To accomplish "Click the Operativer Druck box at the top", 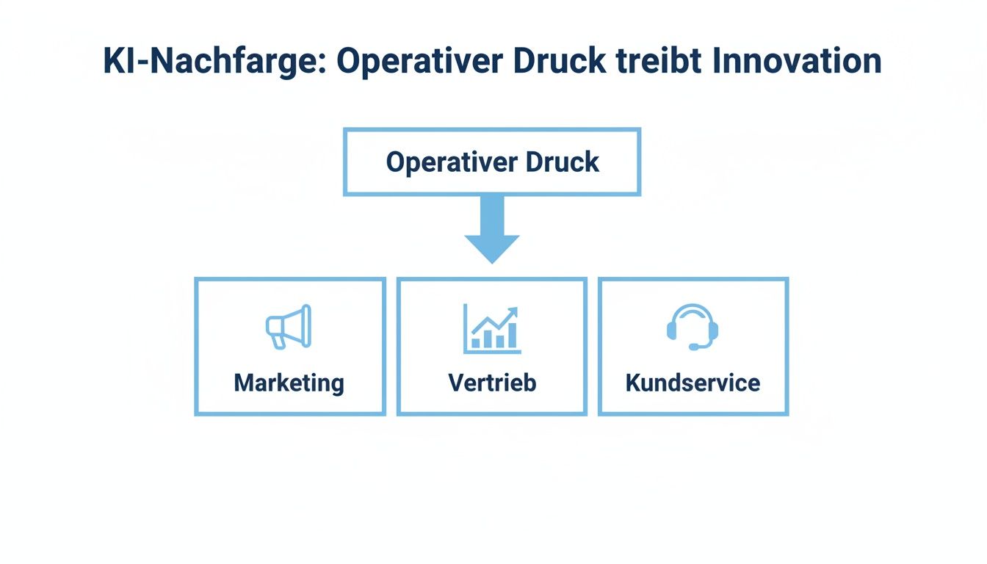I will (x=492, y=162).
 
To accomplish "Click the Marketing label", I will (x=289, y=383).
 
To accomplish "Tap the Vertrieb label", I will (x=492, y=383).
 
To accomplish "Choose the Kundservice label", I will (x=693, y=383).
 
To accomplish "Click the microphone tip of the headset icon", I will (x=693, y=347).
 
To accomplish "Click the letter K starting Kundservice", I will (x=632, y=383).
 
